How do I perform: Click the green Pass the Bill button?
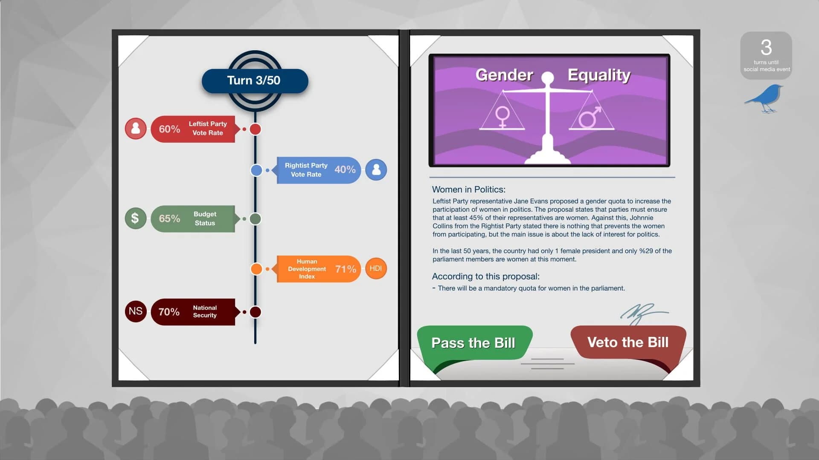tap(473, 343)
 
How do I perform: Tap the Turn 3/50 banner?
tap(254, 80)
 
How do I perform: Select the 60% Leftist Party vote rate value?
tap(169, 129)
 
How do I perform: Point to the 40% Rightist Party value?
tap(345, 170)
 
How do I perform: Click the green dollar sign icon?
tap(135, 218)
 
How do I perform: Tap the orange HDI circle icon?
tap(375, 268)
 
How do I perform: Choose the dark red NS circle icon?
tap(135, 311)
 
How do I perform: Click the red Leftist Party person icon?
tap(135, 128)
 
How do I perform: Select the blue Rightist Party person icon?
tap(376, 170)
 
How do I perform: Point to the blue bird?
tap(765, 98)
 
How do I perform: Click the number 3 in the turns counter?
tap(766, 47)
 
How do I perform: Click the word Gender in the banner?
tap(504, 75)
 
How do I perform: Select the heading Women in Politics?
tap(468, 190)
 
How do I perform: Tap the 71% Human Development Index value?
tap(345, 269)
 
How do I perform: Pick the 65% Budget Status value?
tap(169, 218)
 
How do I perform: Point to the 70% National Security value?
tap(169, 312)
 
